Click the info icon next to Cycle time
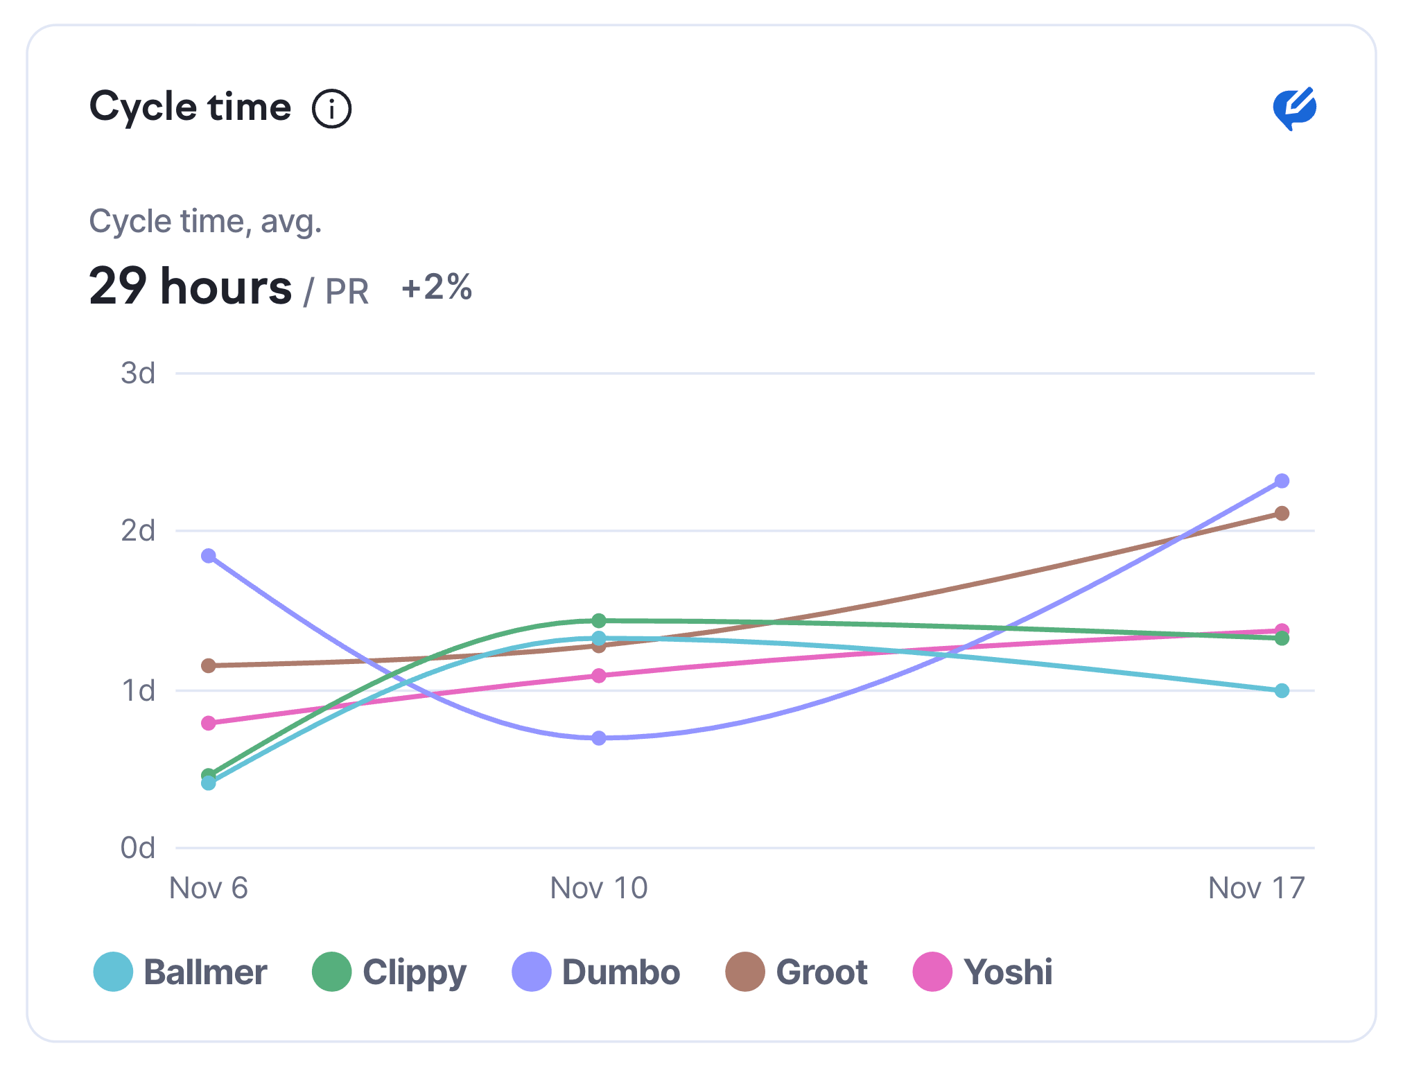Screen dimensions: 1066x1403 [331, 109]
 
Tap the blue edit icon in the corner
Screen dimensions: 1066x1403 [1293, 108]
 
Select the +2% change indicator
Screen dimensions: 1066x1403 [437, 286]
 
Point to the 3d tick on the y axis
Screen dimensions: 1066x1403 [138, 373]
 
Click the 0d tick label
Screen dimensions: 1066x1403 [138, 848]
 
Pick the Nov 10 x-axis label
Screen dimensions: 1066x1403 [599, 888]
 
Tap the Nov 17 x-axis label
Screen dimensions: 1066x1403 [1256, 888]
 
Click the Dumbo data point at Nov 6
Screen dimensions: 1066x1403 [209, 556]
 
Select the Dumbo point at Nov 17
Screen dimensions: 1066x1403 [1282, 481]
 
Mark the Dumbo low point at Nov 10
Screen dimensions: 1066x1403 [599, 738]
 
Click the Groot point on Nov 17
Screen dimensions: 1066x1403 [1282, 514]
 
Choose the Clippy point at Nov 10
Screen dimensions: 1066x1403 [599, 620]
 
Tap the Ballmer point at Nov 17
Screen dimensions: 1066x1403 [1282, 691]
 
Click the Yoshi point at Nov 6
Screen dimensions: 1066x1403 [209, 723]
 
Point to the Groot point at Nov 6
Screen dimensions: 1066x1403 [209, 665]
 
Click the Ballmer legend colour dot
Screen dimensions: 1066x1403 [113, 972]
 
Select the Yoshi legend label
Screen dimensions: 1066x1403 [1008, 972]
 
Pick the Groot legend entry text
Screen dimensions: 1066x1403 [821, 972]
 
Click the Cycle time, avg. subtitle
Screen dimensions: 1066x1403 [205, 222]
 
